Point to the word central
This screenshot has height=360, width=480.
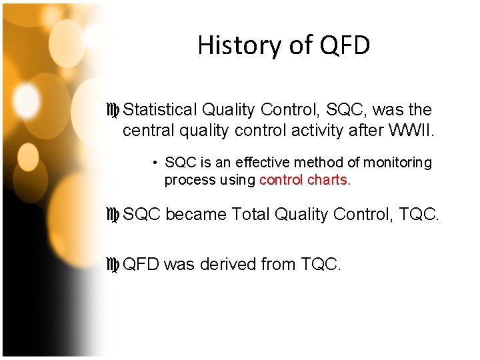coord(145,130)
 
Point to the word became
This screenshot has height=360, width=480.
coord(195,214)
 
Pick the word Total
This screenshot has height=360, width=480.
coord(251,214)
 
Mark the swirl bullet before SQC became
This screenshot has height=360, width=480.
coord(113,215)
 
